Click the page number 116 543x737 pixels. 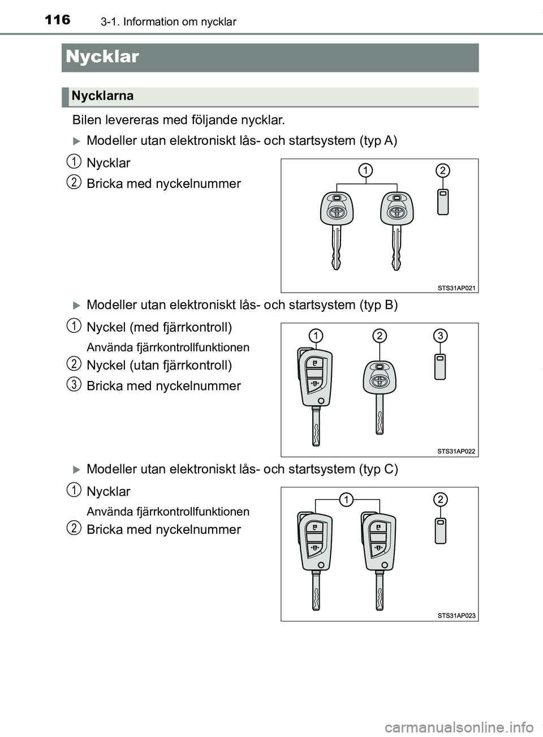tap(58, 20)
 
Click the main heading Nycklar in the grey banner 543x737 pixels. tap(102, 57)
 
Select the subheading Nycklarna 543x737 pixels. tap(102, 96)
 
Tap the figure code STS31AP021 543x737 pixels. tap(456, 288)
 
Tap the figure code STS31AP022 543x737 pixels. tap(456, 451)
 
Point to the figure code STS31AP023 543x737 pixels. tap(456, 615)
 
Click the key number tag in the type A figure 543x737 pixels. tap(443, 202)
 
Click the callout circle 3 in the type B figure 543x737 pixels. tap(440, 336)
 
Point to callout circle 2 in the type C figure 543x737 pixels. tap(440, 499)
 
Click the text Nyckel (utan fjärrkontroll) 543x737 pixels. tap(159, 365)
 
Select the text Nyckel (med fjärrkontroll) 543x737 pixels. tap(159, 327)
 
